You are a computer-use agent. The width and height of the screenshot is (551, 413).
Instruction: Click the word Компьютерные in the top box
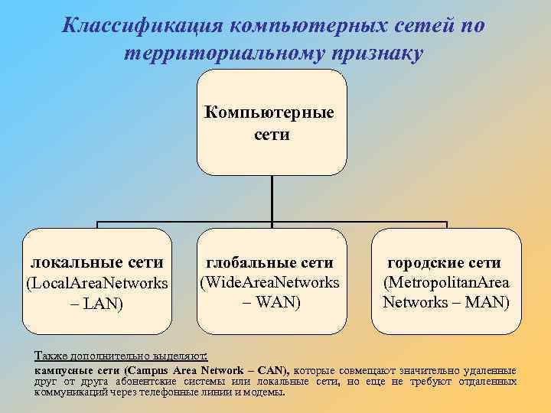(269, 114)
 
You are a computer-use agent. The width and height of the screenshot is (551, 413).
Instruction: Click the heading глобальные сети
(270, 263)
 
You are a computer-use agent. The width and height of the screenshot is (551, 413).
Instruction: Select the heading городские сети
(445, 263)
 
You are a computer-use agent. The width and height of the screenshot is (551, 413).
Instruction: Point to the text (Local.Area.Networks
(96, 284)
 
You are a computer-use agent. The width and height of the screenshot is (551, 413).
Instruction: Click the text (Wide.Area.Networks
(269, 282)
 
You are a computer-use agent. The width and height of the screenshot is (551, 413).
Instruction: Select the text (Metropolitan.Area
(446, 282)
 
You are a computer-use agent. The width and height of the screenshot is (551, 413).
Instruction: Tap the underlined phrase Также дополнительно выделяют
(126, 356)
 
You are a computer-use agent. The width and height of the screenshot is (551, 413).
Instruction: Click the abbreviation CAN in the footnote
(272, 369)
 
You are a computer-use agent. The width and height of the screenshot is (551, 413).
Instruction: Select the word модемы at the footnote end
(265, 392)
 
